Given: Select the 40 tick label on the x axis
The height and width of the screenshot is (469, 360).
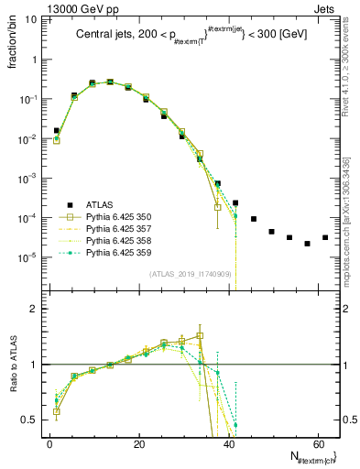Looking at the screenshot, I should click(227, 444).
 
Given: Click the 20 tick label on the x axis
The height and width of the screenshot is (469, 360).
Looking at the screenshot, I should click(138, 444).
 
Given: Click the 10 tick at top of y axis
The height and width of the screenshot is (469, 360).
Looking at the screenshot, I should click(32, 19).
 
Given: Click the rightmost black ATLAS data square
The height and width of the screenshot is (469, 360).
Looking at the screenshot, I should click(325, 237).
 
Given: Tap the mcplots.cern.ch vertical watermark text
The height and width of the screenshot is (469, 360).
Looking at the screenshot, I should click(346, 210).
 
